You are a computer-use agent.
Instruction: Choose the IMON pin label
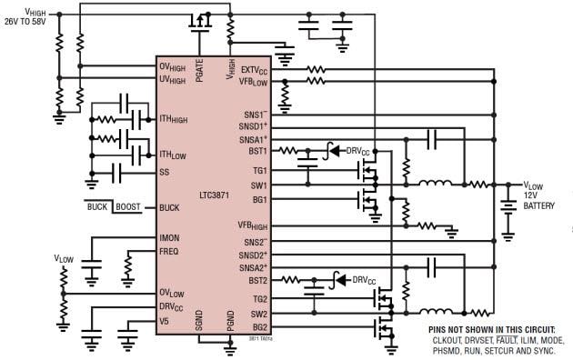[x=169, y=238]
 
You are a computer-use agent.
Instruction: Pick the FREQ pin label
[x=169, y=251]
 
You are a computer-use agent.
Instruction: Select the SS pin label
[x=164, y=171]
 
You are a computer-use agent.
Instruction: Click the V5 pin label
[x=164, y=320]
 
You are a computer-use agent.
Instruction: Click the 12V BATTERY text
[x=540, y=200]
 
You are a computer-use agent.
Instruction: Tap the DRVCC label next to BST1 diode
[x=362, y=150]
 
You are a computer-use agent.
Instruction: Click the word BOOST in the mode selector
[x=126, y=207]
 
